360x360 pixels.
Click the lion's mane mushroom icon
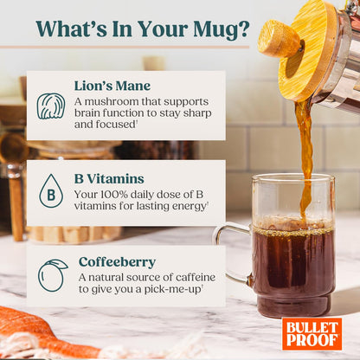(51, 106)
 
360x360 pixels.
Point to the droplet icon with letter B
(51, 191)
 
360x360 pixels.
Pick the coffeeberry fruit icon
(51, 275)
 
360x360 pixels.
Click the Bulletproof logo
(312, 332)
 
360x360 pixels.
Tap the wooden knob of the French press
(278, 40)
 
